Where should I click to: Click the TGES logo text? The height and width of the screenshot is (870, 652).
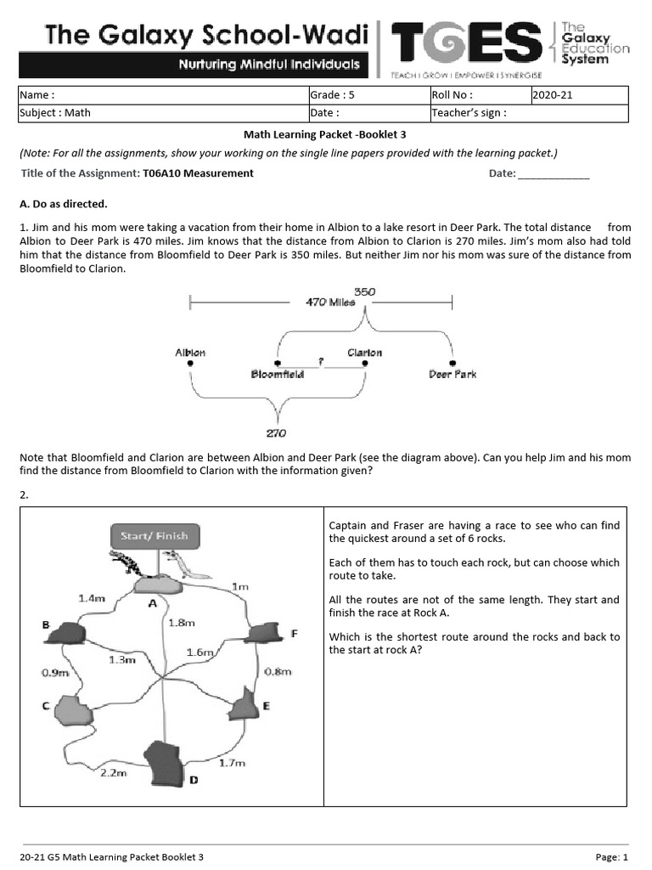[465, 43]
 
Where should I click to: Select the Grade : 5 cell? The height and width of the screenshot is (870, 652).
[368, 95]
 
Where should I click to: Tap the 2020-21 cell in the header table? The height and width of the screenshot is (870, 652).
[580, 95]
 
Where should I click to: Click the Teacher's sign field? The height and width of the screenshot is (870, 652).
[529, 112]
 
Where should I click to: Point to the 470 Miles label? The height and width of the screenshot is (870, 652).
[330, 302]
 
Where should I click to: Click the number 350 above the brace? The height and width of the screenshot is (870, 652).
[364, 291]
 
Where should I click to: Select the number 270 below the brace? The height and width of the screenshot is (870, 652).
[276, 432]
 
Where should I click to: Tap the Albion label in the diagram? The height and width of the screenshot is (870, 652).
[190, 352]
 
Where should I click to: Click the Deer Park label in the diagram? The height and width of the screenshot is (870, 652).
[452, 374]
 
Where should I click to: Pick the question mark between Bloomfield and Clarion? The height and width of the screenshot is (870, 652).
[321, 361]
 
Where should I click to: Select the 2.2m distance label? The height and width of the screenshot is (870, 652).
[113, 772]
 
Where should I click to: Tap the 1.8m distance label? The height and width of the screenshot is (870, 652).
[181, 623]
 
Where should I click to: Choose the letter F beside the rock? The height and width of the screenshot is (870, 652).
[294, 633]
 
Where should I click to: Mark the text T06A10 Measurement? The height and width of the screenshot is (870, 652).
[198, 173]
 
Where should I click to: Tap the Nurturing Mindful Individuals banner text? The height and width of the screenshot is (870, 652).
[267, 65]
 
